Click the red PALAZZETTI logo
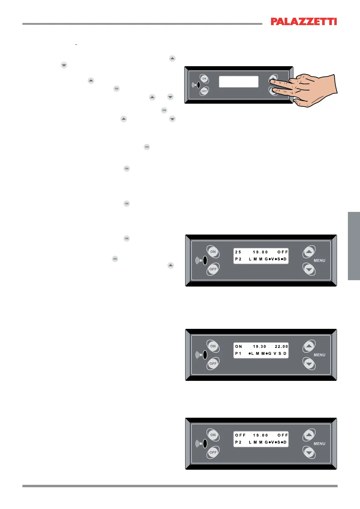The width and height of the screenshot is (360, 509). point(303,21)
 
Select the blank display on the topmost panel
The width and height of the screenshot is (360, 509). point(238,82)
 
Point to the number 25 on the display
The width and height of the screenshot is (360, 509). point(238,252)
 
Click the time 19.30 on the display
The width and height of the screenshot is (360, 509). point(260,347)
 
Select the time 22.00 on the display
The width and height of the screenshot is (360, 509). point(281,347)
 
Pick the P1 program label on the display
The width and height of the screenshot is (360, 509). point(238,354)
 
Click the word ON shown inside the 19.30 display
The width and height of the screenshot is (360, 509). point(238,347)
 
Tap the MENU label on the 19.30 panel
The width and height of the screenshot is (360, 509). point(319,355)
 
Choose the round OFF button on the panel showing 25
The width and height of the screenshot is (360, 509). point(213,269)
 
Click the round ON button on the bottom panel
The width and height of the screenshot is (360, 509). point(213,435)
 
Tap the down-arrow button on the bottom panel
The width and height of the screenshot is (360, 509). point(309,452)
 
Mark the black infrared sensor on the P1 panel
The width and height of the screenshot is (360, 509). point(205,355)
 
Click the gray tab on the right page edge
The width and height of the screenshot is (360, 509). point(354,246)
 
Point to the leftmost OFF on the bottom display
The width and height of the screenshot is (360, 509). point(241,435)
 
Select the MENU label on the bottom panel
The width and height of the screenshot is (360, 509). point(319,444)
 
